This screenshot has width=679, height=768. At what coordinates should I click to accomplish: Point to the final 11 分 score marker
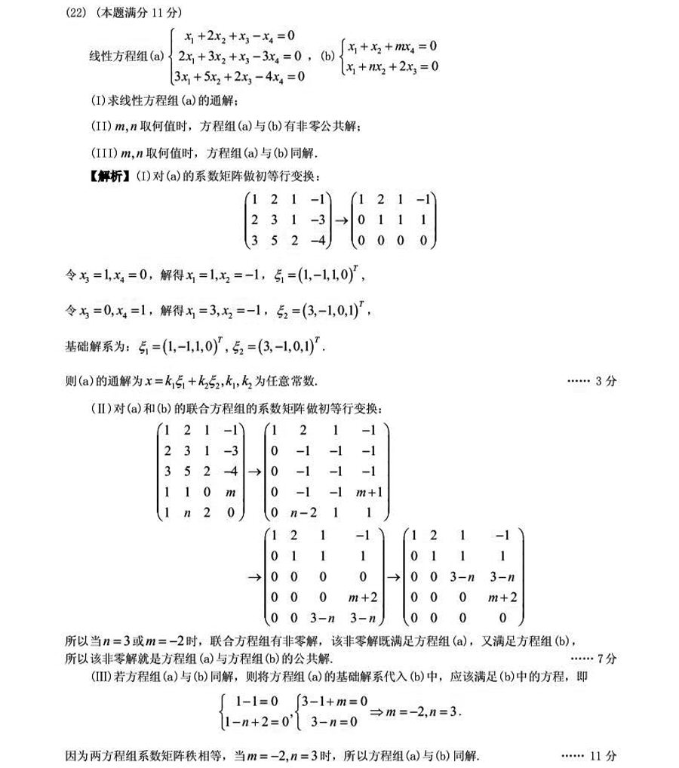604,755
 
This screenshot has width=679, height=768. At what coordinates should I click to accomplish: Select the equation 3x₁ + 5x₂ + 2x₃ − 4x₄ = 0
239,76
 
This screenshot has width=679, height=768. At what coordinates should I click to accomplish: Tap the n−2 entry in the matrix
294,513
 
